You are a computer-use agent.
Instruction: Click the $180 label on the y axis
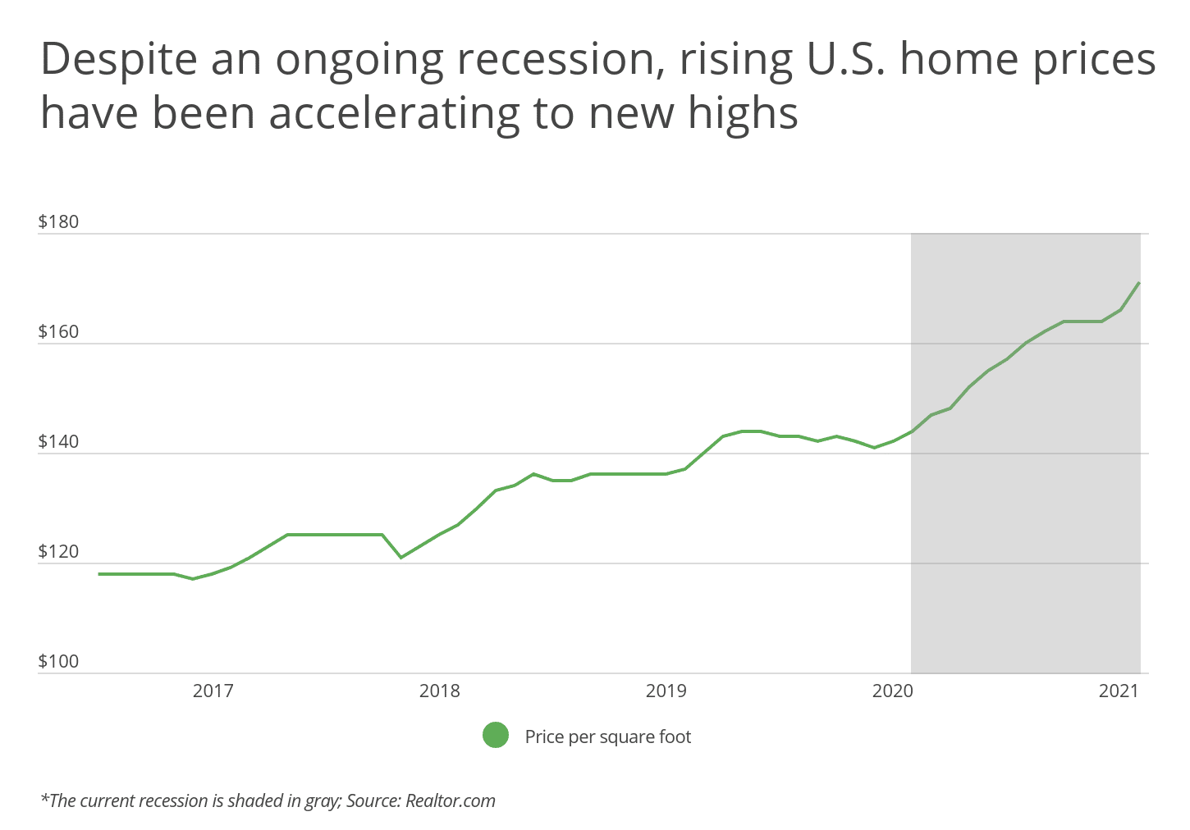[58, 222]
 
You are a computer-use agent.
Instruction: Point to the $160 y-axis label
[58, 332]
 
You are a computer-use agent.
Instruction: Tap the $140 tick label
[58, 442]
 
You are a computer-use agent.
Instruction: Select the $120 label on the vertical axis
[58, 552]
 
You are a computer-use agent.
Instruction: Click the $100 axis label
[58, 662]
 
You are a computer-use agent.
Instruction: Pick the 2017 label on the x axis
[213, 691]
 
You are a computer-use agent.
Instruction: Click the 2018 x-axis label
[440, 691]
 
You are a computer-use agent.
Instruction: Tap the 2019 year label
[666, 691]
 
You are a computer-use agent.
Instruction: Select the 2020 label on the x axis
[893, 691]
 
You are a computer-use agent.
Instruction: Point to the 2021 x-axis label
[1119, 691]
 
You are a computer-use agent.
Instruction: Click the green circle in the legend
[496, 736]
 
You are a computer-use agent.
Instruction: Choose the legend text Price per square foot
[608, 737]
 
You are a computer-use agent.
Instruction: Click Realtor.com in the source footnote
[451, 800]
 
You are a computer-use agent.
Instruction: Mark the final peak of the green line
[1139, 283]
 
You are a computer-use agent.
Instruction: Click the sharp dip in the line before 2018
[400, 558]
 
